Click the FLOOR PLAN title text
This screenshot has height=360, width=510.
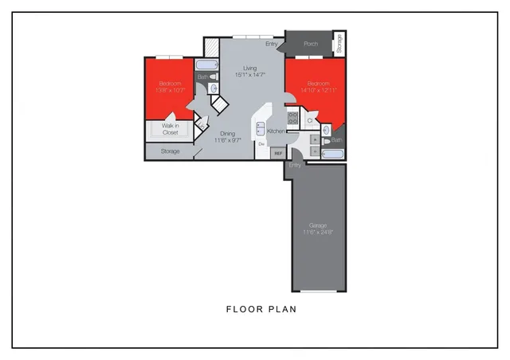pyautogui.click(x=261, y=309)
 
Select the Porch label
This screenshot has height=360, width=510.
pyautogui.click(x=311, y=44)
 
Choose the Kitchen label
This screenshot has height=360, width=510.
pyautogui.click(x=277, y=131)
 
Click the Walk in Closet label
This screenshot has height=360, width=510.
pyautogui.click(x=170, y=129)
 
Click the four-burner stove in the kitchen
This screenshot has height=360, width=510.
pyautogui.click(x=292, y=119)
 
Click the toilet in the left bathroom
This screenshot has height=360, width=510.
pyautogui.click(x=213, y=77)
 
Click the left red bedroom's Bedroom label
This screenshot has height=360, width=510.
pyautogui.click(x=170, y=84)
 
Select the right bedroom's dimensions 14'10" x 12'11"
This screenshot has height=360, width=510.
pyautogui.click(x=319, y=90)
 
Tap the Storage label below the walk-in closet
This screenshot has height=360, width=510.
pyautogui.click(x=170, y=151)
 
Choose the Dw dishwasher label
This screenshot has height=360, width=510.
pyautogui.click(x=261, y=145)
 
